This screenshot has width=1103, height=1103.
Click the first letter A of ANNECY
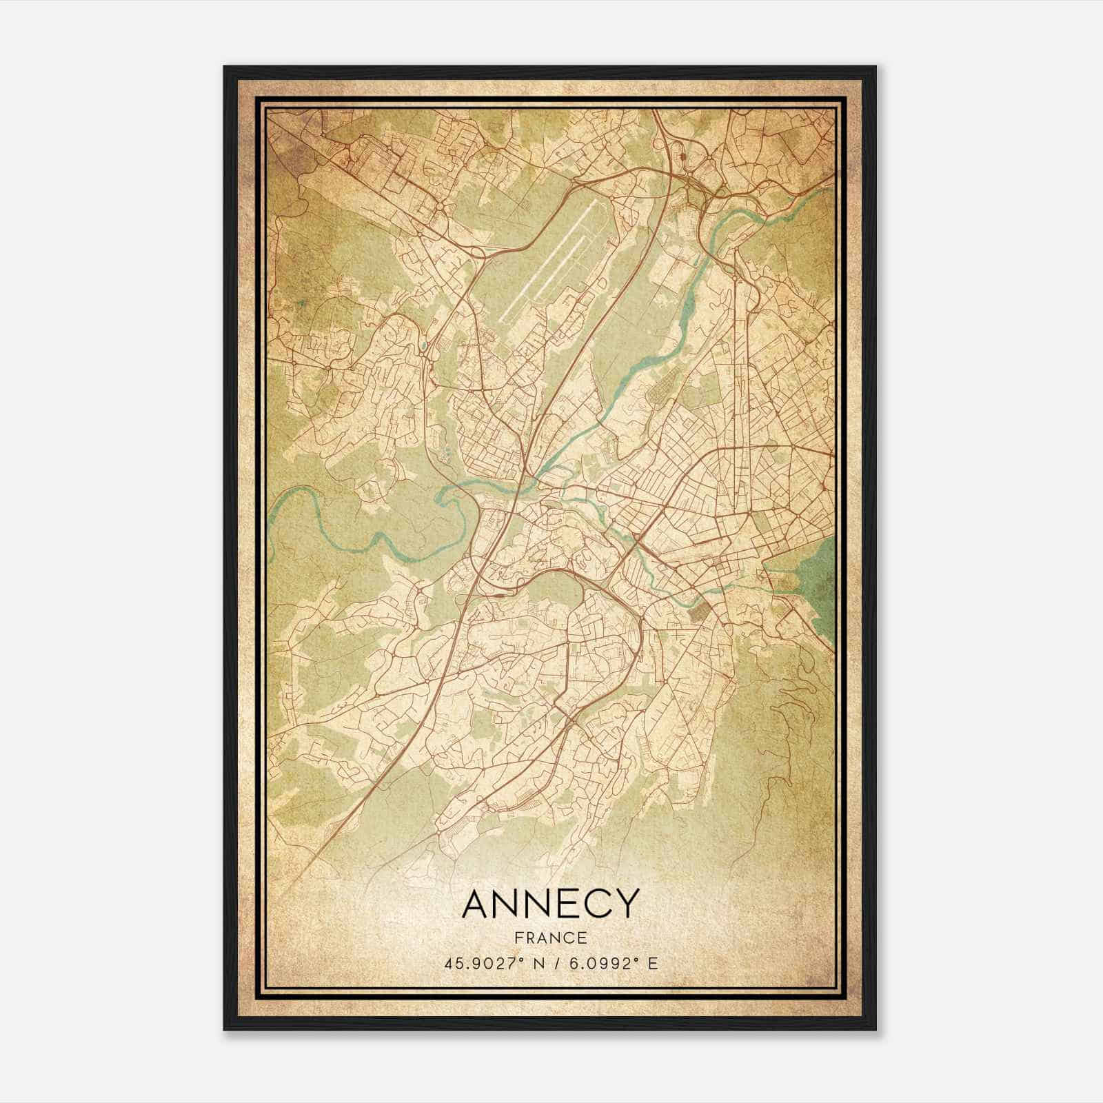pos(476,904)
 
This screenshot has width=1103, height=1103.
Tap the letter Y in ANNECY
pos(625,904)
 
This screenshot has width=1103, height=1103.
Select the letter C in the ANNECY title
pos(596,904)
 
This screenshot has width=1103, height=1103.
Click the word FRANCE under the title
pos(551,938)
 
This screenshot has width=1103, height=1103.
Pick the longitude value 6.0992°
pos(600,962)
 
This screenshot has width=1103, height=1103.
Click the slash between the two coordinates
pos(551,962)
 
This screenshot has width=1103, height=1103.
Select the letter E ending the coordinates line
pos(654,962)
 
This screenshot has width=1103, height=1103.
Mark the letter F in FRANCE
pos(518,938)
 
